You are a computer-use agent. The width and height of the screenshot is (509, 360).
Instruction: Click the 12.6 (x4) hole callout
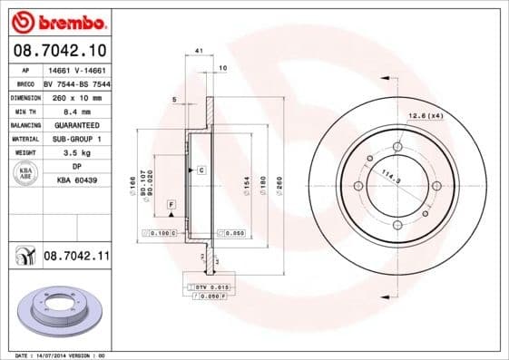[425, 115]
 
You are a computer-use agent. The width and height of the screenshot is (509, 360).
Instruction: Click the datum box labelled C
[201, 170]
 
